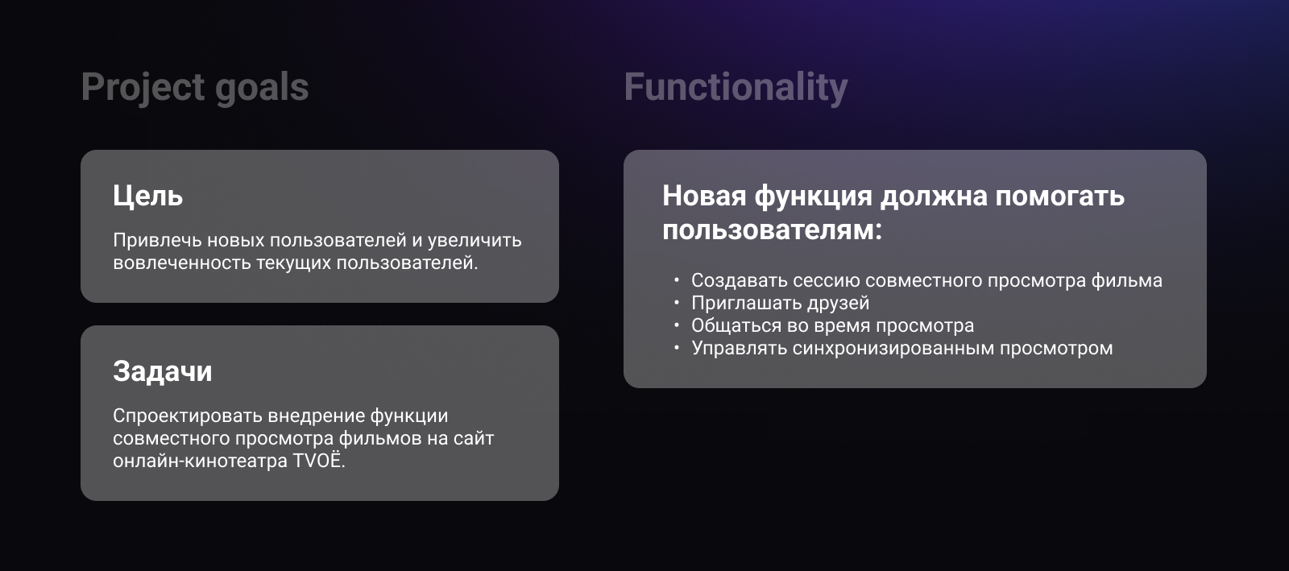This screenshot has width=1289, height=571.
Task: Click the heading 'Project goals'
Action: click(x=194, y=87)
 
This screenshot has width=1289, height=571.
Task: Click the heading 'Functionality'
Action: click(x=736, y=87)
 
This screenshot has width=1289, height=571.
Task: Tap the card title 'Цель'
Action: click(x=147, y=196)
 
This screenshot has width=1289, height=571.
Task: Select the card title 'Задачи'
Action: click(x=162, y=371)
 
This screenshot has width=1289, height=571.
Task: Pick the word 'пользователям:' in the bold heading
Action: click(x=772, y=230)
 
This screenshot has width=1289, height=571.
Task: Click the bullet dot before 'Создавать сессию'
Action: click(x=677, y=280)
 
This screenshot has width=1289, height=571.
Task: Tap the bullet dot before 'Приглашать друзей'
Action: click(x=677, y=303)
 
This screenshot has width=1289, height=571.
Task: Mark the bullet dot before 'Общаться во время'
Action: click(x=677, y=325)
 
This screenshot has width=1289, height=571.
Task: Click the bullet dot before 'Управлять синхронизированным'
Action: click(x=677, y=348)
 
